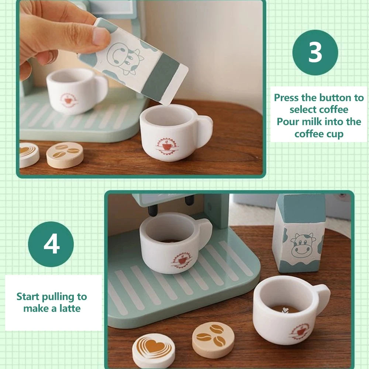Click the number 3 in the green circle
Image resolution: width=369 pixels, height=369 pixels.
(x=315, y=52)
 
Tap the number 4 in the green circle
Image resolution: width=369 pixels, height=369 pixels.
(x=51, y=244)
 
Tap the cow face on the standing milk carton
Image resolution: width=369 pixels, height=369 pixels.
(x=301, y=245)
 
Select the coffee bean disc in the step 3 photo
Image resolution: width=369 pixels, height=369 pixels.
(x=65, y=155)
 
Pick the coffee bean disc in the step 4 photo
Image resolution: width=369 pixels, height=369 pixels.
(x=213, y=339)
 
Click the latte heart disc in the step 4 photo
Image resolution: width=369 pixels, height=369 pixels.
(x=154, y=350)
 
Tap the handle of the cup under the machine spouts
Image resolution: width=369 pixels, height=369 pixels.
(x=204, y=231)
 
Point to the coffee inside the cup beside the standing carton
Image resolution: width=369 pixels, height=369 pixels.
(x=284, y=309)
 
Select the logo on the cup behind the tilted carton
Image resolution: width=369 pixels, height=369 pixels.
(x=68, y=99)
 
